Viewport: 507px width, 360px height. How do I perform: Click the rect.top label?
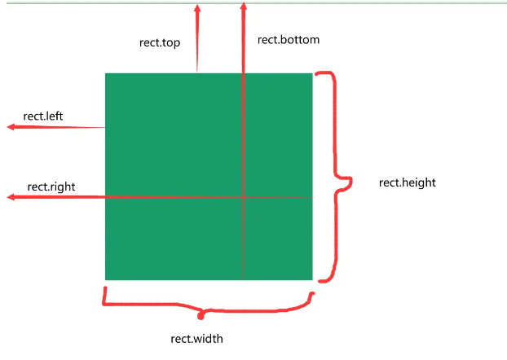tap(160, 43)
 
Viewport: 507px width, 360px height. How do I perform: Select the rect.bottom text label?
tap(289, 39)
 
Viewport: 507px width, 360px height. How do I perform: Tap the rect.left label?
tap(43, 116)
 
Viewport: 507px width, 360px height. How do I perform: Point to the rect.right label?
tap(51, 187)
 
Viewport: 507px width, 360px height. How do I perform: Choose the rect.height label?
tap(408, 182)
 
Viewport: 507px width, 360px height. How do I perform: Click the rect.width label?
tap(196, 339)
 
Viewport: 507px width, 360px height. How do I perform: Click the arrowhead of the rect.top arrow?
tap(196, 7)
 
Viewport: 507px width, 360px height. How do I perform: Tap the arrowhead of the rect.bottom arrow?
tap(243, 7)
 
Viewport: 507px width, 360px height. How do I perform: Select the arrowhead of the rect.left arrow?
tap(11, 127)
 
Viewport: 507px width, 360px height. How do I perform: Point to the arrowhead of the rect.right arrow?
tap(11, 197)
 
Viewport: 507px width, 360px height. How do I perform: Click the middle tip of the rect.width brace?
tap(201, 313)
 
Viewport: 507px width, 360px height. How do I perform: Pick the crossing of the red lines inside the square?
tap(243, 197)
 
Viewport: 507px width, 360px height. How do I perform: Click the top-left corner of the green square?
tap(105, 73)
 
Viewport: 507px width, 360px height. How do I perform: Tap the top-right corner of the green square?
tap(313, 73)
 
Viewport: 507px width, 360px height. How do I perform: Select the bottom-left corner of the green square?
tap(105, 280)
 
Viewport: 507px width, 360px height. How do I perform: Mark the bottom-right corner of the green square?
tap(313, 280)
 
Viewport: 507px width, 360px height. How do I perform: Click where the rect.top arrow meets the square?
tap(196, 73)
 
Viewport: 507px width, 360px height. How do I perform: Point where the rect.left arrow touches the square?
tap(105, 127)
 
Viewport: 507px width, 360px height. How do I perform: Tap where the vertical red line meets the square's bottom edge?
tap(243, 280)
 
